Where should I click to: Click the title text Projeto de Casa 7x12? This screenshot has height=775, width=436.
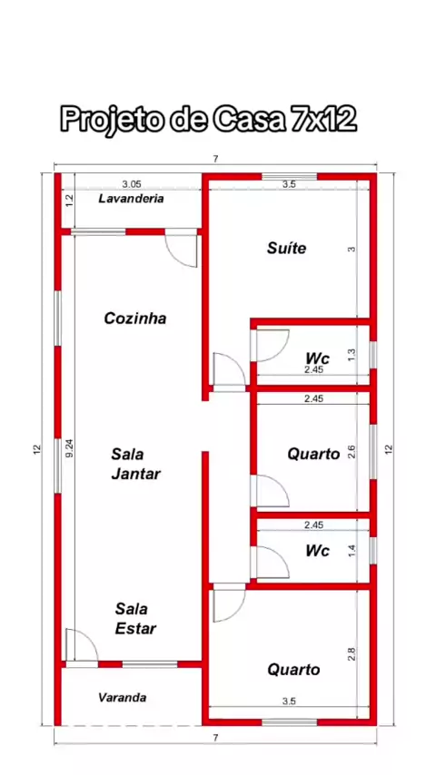(x=208, y=119)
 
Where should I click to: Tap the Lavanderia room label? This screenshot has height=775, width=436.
(x=131, y=199)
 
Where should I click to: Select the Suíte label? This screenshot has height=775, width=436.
(x=286, y=248)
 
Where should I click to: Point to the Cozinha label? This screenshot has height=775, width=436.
(x=135, y=319)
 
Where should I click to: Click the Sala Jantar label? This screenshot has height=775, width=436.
(x=135, y=464)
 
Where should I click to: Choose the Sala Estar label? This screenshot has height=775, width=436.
(x=135, y=618)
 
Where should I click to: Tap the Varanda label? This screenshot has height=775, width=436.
(x=123, y=697)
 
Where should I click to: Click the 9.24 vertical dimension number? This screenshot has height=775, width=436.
(x=69, y=447)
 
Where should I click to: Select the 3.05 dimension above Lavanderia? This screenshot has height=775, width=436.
(x=132, y=184)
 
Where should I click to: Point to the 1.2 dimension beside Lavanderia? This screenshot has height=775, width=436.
(x=69, y=201)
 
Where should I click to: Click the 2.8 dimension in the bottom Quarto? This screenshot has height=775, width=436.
(x=352, y=654)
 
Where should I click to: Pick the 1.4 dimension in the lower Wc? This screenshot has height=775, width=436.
(x=352, y=551)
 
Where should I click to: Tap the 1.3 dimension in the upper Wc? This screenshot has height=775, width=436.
(x=352, y=355)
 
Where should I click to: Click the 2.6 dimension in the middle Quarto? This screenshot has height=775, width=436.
(x=352, y=452)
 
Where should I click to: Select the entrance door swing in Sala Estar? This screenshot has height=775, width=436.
(x=82, y=644)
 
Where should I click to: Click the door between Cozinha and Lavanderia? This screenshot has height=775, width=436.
(x=181, y=250)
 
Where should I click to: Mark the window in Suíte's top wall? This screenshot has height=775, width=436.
(x=289, y=176)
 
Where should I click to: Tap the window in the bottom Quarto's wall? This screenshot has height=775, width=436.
(x=289, y=722)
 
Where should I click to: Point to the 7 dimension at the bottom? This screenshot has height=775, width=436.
(x=215, y=738)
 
